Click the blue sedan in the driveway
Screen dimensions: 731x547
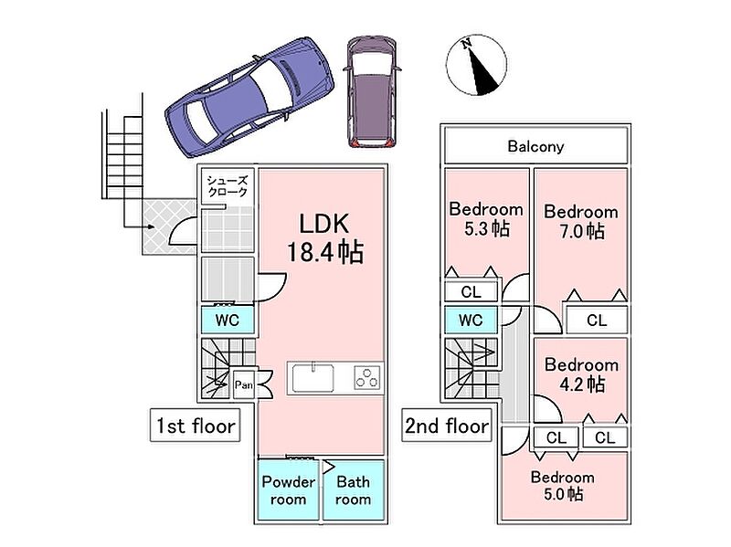coord(249,98)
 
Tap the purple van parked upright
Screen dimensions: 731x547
coord(373,92)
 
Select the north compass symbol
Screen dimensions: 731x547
coord(476,65)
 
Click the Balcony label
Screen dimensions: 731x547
coord(535,146)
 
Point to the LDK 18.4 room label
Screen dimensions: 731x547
coord(324,238)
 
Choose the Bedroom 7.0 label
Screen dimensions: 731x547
coord(581,221)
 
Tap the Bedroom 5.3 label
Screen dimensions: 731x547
coord(486,219)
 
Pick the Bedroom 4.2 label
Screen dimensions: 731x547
coord(581,374)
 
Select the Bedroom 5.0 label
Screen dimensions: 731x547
coord(563,486)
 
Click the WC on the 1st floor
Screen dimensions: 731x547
coord(228,321)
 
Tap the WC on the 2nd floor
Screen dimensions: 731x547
coord(471,321)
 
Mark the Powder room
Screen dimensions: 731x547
coord(288,490)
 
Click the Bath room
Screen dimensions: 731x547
coord(354,490)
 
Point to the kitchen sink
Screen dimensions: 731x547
coord(313,377)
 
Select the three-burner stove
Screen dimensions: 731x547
coord(367,377)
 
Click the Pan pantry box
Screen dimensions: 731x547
coord(243,384)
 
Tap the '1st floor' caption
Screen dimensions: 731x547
coord(196,426)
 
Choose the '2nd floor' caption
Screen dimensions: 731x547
coord(447,426)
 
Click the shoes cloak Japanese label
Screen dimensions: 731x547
coord(227,186)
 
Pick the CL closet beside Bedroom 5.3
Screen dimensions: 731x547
coord(471,292)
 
